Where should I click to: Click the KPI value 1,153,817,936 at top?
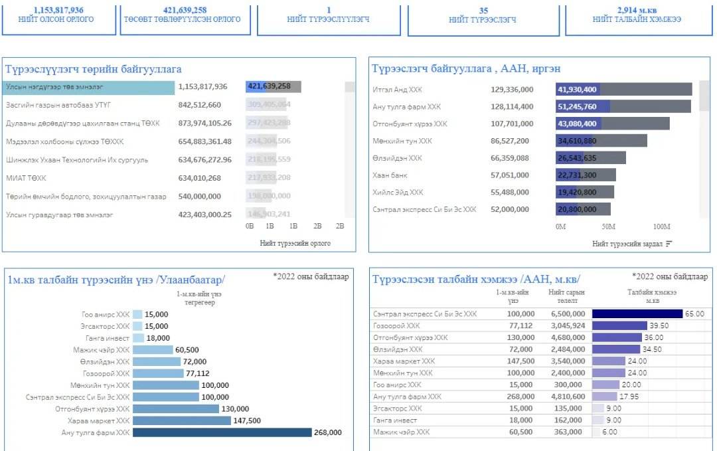click(58, 10)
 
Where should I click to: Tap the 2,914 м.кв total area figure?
click(637, 10)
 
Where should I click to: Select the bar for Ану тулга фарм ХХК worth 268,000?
click(222, 432)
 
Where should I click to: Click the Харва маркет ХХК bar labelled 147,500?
click(181, 420)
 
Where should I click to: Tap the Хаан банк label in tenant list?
click(390, 175)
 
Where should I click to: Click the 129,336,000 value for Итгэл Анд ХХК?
click(512, 90)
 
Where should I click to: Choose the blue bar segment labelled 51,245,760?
click(583, 106)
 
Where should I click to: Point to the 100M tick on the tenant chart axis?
click(662, 227)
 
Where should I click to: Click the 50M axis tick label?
click(609, 227)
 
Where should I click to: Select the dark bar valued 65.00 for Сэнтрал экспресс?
click(637, 314)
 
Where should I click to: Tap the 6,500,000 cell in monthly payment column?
click(568, 314)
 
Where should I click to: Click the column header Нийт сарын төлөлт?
click(566, 296)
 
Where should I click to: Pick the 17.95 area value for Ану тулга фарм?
click(629, 397)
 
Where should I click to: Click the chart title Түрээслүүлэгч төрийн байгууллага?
click(93, 69)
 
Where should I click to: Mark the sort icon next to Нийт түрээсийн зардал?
click(669, 244)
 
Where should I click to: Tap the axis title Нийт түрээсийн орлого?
click(295, 244)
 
